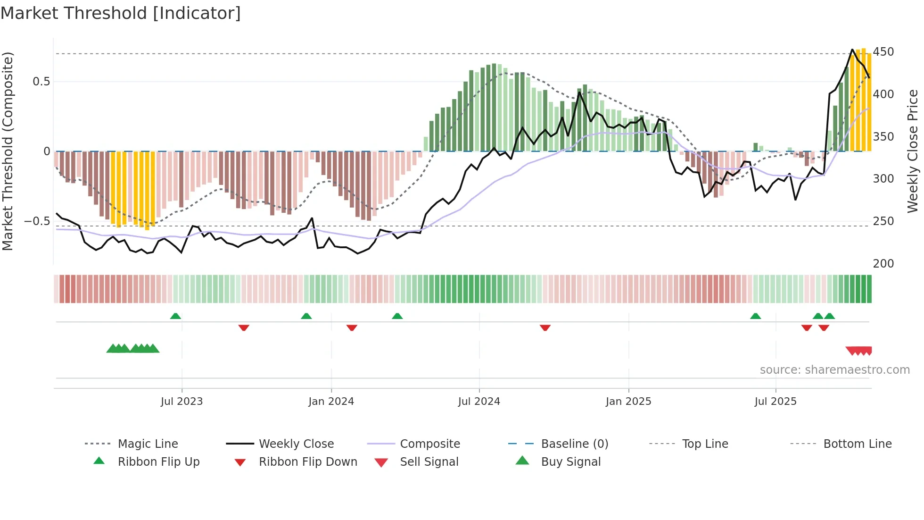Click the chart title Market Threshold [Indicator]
pyautogui.click(x=121, y=13)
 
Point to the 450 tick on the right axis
pyautogui.click(x=883, y=52)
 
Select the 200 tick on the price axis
pyautogui.click(x=883, y=264)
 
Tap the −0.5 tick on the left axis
pyautogui.click(x=37, y=221)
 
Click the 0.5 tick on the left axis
pyautogui.click(x=41, y=82)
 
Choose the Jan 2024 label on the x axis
pyautogui.click(x=331, y=402)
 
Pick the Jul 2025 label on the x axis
pyautogui.click(x=775, y=402)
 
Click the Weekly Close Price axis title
pyautogui.click(x=913, y=151)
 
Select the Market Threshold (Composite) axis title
pyautogui.click(x=8, y=151)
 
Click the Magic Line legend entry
pyautogui.click(x=148, y=444)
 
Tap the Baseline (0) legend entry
pyautogui.click(x=574, y=444)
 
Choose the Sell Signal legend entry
pyautogui.click(x=429, y=462)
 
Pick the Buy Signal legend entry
pyautogui.click(x=570, y=462)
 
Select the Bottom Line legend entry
pyautogui.click(x=857, y=444)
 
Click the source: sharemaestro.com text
pyautogui.click(x=834, y=370)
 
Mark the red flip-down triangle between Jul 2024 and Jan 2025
pyautogui.click(x=545, y=327)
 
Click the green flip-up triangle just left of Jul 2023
pyautogui.click(x=175, y=316)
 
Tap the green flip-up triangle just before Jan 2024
pyautogui.click(x=306, y=316)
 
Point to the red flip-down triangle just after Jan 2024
pyautogui.click(x=352, y=327)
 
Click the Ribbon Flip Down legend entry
pyautogui.click(x=308, y=462)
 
